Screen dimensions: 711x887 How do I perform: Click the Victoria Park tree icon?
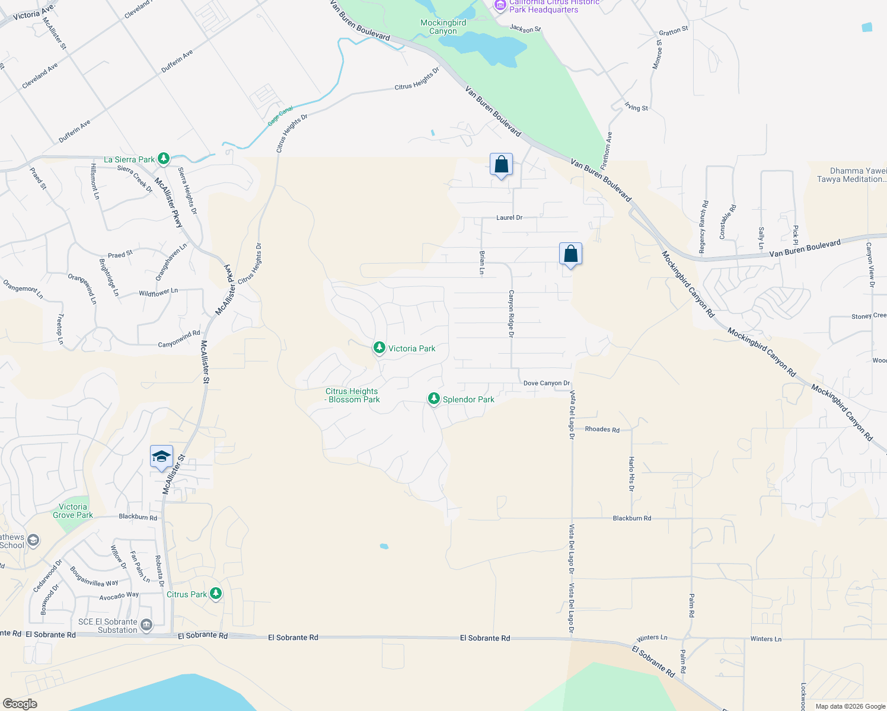[x=379, y=348]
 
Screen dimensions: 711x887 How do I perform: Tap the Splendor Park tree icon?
[x=434, y=399]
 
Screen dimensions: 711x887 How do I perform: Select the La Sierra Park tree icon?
[x=164, y=159]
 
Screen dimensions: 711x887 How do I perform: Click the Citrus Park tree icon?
[x=216, y=593]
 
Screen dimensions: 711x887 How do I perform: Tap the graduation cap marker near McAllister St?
[x=161, y=457]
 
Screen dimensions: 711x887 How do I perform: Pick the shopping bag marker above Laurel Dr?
[x=501, y=165]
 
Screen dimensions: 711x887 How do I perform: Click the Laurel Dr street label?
[x=509, y=217]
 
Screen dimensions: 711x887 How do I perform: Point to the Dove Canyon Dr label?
[x=546, y=383]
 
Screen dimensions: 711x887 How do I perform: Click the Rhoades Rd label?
[x=602, y=430]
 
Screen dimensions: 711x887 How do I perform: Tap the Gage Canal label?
[x=280, y=116]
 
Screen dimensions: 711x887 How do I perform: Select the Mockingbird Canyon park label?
[x=443, y=27]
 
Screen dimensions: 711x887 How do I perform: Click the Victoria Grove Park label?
[x=73, y=511]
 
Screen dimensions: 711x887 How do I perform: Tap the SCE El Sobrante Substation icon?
[x=146, y=624]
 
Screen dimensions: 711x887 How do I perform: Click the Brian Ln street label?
[x=482, y=262]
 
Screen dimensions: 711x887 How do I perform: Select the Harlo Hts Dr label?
[x=631, y=473]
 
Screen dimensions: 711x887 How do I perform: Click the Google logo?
[x=20, y=704]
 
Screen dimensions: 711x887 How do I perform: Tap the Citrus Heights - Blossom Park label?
[x=352, y=395]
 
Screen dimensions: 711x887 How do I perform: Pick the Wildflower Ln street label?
[x=158, y=292]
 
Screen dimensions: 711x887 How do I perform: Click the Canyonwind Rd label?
[x=179, y=340]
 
